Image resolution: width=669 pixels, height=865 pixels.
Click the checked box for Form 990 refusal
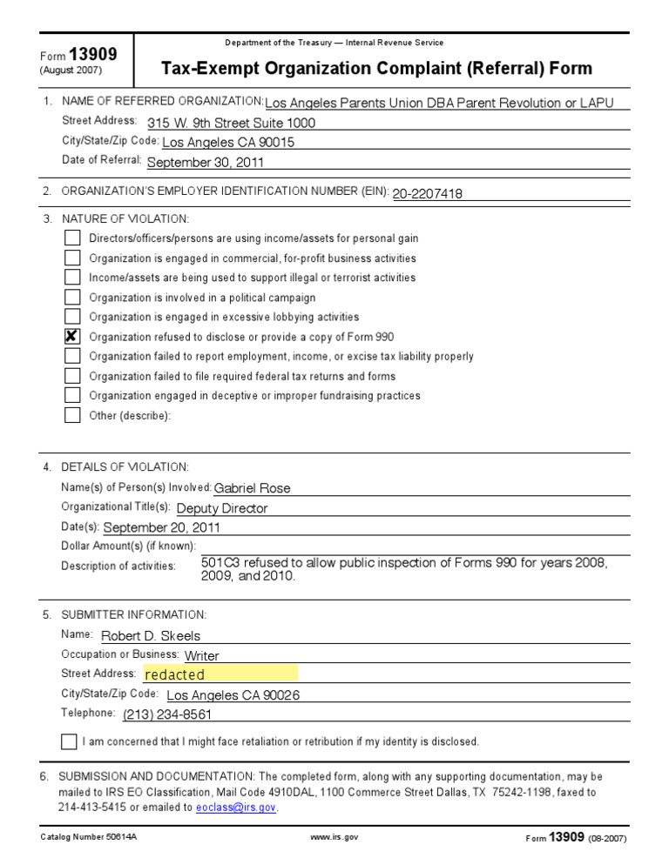(x=72, y=337)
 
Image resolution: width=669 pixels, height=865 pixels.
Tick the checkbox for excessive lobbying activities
(x=72, y=317)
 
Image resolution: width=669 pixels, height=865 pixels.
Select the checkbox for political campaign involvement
(x=72, y=298)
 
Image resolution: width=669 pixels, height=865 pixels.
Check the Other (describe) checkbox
(x=72, y=415)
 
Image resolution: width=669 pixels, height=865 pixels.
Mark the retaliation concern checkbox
(x=69, y=741)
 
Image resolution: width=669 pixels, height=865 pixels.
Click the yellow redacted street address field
(x=220, y=674)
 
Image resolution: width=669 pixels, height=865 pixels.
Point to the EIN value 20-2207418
(x=427, y=194)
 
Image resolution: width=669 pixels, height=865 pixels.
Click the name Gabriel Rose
(x=252, y=488)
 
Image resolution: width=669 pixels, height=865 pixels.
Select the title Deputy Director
(x=222, y=508)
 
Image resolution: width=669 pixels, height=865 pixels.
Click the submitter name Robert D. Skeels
(x=151, y=636)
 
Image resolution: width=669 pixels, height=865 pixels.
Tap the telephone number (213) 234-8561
(x=167, y=714)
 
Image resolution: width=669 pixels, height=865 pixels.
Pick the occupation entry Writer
(x=202, y=655)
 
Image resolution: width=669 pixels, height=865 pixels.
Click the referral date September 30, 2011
(x=206, y=162)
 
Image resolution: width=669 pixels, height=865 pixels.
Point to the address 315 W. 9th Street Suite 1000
(x=232, y=123)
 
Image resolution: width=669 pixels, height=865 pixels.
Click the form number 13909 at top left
(x=98, y=54)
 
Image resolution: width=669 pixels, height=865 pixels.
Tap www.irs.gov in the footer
(x=334, y=837)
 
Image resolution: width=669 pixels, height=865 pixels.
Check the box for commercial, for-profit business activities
(x=72, y=258)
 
